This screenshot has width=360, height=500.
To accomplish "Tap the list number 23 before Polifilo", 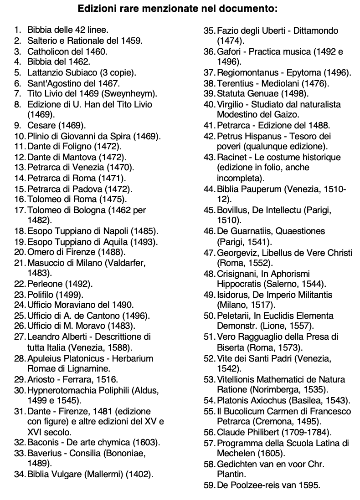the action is tap(20, 294).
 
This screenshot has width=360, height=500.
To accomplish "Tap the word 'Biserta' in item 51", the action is tap(231, 347).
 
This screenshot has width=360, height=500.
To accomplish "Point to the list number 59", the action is tap(209, 485).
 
